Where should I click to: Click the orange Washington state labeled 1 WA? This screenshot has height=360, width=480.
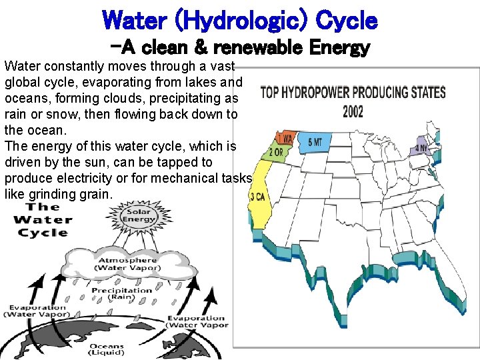click(285, 139)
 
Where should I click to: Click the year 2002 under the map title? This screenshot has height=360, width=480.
click(353, 111)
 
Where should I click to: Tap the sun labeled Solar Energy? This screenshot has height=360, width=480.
click(139, 216)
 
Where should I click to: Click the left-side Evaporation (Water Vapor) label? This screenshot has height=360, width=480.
click(37, 311)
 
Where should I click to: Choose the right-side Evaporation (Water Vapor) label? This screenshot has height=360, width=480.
click(197, 321)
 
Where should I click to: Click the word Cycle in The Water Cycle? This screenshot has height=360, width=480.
click(44, 233)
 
